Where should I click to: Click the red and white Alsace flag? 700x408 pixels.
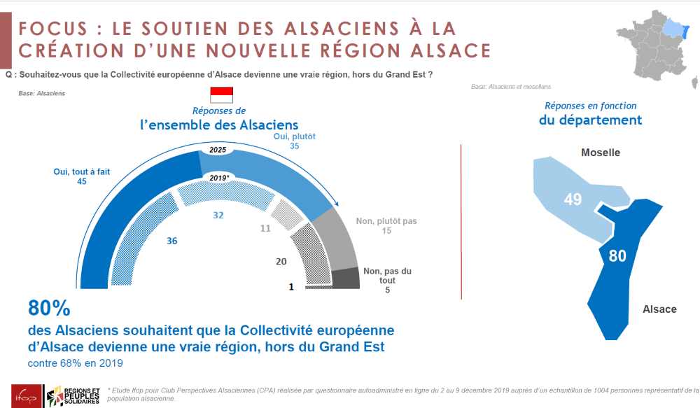click(221, 95)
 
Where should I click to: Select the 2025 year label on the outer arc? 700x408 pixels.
click(218, 150)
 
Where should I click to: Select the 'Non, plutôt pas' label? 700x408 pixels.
click(386, 221)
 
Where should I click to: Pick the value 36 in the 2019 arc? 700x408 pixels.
click(172, 241)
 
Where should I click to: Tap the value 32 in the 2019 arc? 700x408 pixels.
click(218, 216)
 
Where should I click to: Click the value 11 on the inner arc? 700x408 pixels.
click(265, 228)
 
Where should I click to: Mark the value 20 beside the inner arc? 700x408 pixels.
click(281, 262)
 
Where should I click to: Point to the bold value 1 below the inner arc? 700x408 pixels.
click(290, 286)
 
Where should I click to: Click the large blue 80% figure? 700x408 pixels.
click(49, 308)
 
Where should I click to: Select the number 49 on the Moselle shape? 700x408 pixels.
click(573, 199)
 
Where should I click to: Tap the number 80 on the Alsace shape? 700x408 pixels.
click(617, 256)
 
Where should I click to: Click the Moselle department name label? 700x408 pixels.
click(601, 153)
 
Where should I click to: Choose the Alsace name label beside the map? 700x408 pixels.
click(659, 309)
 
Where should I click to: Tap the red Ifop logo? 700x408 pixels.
click(20, 395)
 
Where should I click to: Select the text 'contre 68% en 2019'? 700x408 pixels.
click(76, 363)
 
